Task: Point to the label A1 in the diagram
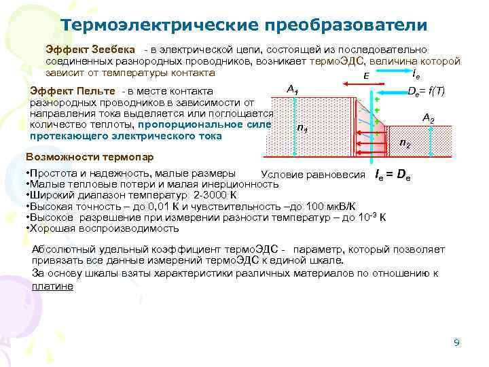pyautogui.click(x=293, y=88)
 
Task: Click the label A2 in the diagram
pyautogui.click(x=428, y=118)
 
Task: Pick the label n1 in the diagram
pyautogui.click(x=303, y=129)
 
